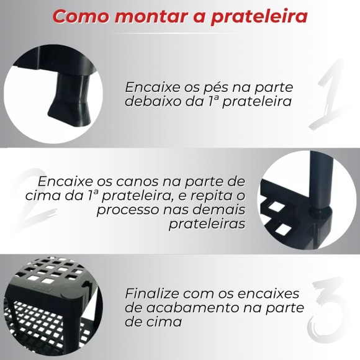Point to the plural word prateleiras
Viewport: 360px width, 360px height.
pos(207,224)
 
